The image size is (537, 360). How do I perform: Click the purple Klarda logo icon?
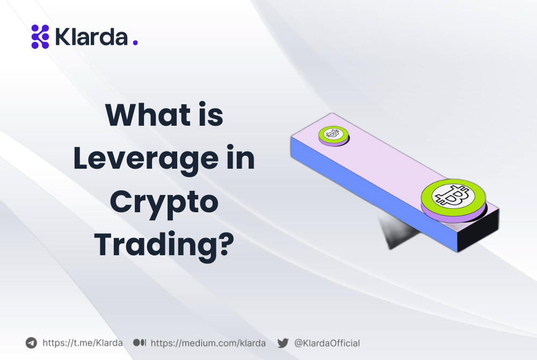point(40,37)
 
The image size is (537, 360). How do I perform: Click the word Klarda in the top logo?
point(91,37)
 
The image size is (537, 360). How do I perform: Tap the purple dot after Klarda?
point(135,42)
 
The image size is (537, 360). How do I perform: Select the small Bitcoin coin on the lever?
point(333,134)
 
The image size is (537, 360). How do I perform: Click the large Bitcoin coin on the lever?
point(453,197)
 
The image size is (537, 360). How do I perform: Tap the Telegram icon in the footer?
point(31,343)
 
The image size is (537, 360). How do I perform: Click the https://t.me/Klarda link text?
point(82,343)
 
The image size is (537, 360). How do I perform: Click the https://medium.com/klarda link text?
point(208,343)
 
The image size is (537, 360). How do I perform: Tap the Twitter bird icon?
point(283,343)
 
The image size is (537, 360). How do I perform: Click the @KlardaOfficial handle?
point(326,343)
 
